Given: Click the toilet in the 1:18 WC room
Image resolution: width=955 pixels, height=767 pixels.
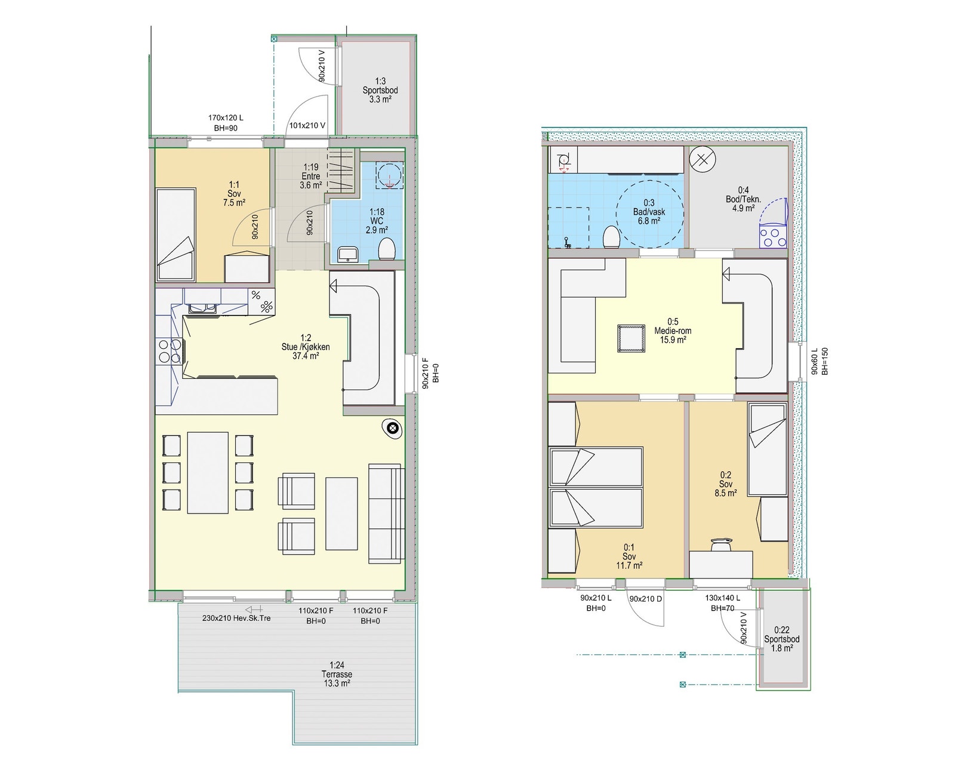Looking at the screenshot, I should point(387,249).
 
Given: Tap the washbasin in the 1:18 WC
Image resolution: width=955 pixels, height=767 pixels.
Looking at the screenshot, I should point(347,254).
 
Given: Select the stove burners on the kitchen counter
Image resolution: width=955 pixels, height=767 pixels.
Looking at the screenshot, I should point(168,351).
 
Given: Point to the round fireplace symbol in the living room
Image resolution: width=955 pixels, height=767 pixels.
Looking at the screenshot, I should point(392,427).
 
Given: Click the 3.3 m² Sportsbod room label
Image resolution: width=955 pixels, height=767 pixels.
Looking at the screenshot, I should point(380,90).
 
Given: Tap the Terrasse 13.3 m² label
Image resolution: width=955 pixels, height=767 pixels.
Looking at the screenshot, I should point(337,674).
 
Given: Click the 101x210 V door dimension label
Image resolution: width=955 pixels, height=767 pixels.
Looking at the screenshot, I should point(307,126).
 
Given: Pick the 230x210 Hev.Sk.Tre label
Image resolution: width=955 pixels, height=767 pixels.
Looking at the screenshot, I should point(236,618).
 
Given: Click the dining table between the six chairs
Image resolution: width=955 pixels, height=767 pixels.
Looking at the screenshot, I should point(208,472).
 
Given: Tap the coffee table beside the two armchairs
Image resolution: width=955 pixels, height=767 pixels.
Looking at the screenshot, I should point(341,514).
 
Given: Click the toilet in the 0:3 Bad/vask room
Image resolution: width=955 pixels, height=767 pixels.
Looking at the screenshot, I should point(611,237).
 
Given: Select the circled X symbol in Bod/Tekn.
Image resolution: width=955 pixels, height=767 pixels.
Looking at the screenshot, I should point(703,160).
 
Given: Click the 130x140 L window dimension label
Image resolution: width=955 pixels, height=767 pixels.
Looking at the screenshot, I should point(722,602).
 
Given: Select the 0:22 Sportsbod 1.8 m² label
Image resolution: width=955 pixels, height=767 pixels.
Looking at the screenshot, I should point(782,639).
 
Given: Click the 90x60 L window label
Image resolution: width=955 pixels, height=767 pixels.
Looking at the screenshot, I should point(820,361).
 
